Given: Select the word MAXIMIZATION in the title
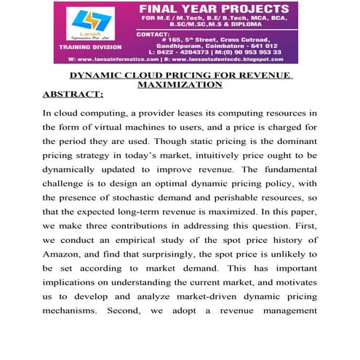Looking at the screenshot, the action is click(180, 84).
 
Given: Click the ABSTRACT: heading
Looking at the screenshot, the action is click(73, 95).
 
